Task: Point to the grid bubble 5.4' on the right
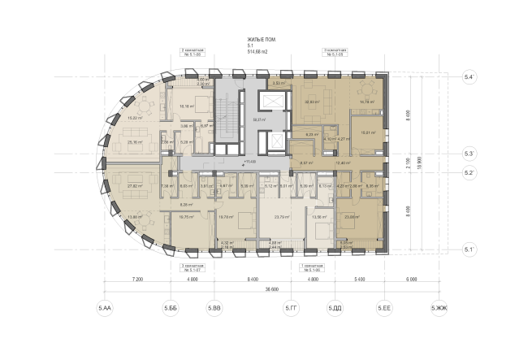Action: pos(469,76)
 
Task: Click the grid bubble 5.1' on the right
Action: pos(469,249)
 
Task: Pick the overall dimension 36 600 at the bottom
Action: pos(270,289)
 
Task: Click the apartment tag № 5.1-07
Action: pos(193,270)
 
